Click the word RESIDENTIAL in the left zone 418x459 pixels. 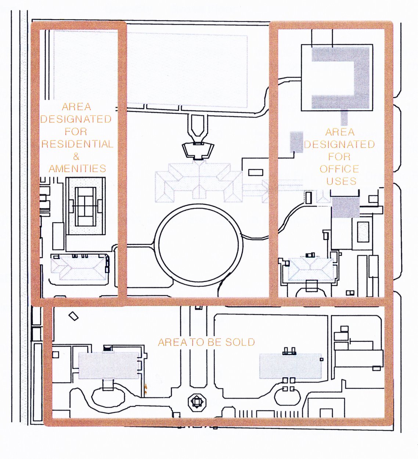[77, 144]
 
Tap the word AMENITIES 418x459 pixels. [77, 169]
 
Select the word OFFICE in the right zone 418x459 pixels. [339, 169]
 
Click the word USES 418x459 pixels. [341, 181]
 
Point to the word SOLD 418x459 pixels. [240, 342]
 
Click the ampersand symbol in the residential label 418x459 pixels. [76, 156]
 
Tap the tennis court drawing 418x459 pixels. [85, 206]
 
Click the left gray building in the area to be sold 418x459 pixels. [109, 365]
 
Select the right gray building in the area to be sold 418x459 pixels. [290, 366]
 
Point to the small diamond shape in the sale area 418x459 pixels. [74, 316]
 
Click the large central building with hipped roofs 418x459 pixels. [199, 181]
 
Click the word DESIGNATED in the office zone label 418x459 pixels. [339, 144]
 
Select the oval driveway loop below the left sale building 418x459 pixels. [107, 398]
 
